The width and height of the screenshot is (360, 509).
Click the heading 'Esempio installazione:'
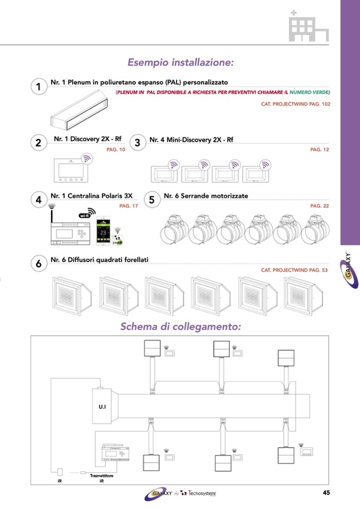(x=181, y=62)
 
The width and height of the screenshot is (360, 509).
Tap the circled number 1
(x=39, y=87)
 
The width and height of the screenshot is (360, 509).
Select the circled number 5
(x=152, y=200)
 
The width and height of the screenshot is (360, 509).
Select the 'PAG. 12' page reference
(x=320, y=150)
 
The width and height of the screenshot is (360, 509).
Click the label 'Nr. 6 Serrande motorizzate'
(x=205, y=196)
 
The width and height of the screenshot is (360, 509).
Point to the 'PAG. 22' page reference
(x=320, y=205)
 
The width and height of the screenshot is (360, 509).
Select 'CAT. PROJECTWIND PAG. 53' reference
(x=295, y=270)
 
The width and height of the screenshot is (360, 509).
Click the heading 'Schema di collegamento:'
(x=181, y=326)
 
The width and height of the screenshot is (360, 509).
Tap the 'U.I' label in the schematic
(x=102, y=407)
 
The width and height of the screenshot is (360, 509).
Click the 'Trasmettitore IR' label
(x=101, y=478)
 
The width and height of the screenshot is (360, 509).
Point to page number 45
(x=327, y=493)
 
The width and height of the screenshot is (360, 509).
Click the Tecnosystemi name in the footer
(x=202, y=494)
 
